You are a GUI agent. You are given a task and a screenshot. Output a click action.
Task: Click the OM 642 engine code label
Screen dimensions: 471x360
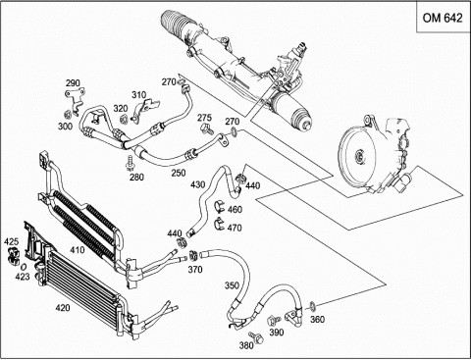coord(443,18)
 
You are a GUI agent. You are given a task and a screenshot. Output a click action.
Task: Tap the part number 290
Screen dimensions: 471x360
coord(73,83)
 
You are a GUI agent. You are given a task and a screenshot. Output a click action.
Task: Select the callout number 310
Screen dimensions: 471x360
coord(138,95)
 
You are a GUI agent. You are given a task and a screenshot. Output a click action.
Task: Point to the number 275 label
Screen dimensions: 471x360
coord(205,118)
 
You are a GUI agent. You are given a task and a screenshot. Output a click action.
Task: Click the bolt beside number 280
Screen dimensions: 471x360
coord(131,163)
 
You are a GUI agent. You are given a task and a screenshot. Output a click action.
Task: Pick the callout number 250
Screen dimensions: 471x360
coord(179,173)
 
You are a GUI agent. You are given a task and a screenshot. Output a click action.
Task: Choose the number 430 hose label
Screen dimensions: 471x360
coord(197,184)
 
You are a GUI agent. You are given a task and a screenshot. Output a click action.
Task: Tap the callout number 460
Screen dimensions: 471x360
coord(235,209)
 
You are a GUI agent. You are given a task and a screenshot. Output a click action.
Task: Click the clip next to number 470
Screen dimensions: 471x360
coord(219,223)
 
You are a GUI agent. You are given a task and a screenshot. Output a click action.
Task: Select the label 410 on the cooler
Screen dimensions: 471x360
coord(78,250)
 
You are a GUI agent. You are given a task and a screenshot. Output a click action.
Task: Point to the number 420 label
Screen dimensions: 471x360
coord(63,308)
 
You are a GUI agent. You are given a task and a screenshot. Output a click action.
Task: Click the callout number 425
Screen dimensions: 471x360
coord(11,241)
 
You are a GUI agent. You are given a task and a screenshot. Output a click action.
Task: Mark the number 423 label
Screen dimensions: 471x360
coord(23,277)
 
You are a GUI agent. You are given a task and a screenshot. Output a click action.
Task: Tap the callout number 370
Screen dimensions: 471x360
coord(195,270)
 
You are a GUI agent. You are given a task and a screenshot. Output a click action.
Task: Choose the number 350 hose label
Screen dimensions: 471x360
coord(232,285)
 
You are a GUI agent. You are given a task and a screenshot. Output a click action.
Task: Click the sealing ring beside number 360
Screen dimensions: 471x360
coord(313,306)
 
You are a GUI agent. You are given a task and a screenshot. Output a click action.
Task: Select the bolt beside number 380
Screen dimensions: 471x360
coord(256,337)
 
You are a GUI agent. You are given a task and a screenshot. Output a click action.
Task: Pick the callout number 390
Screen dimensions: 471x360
coord(277,333)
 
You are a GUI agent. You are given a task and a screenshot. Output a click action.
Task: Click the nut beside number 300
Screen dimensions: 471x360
coord(68,115)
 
